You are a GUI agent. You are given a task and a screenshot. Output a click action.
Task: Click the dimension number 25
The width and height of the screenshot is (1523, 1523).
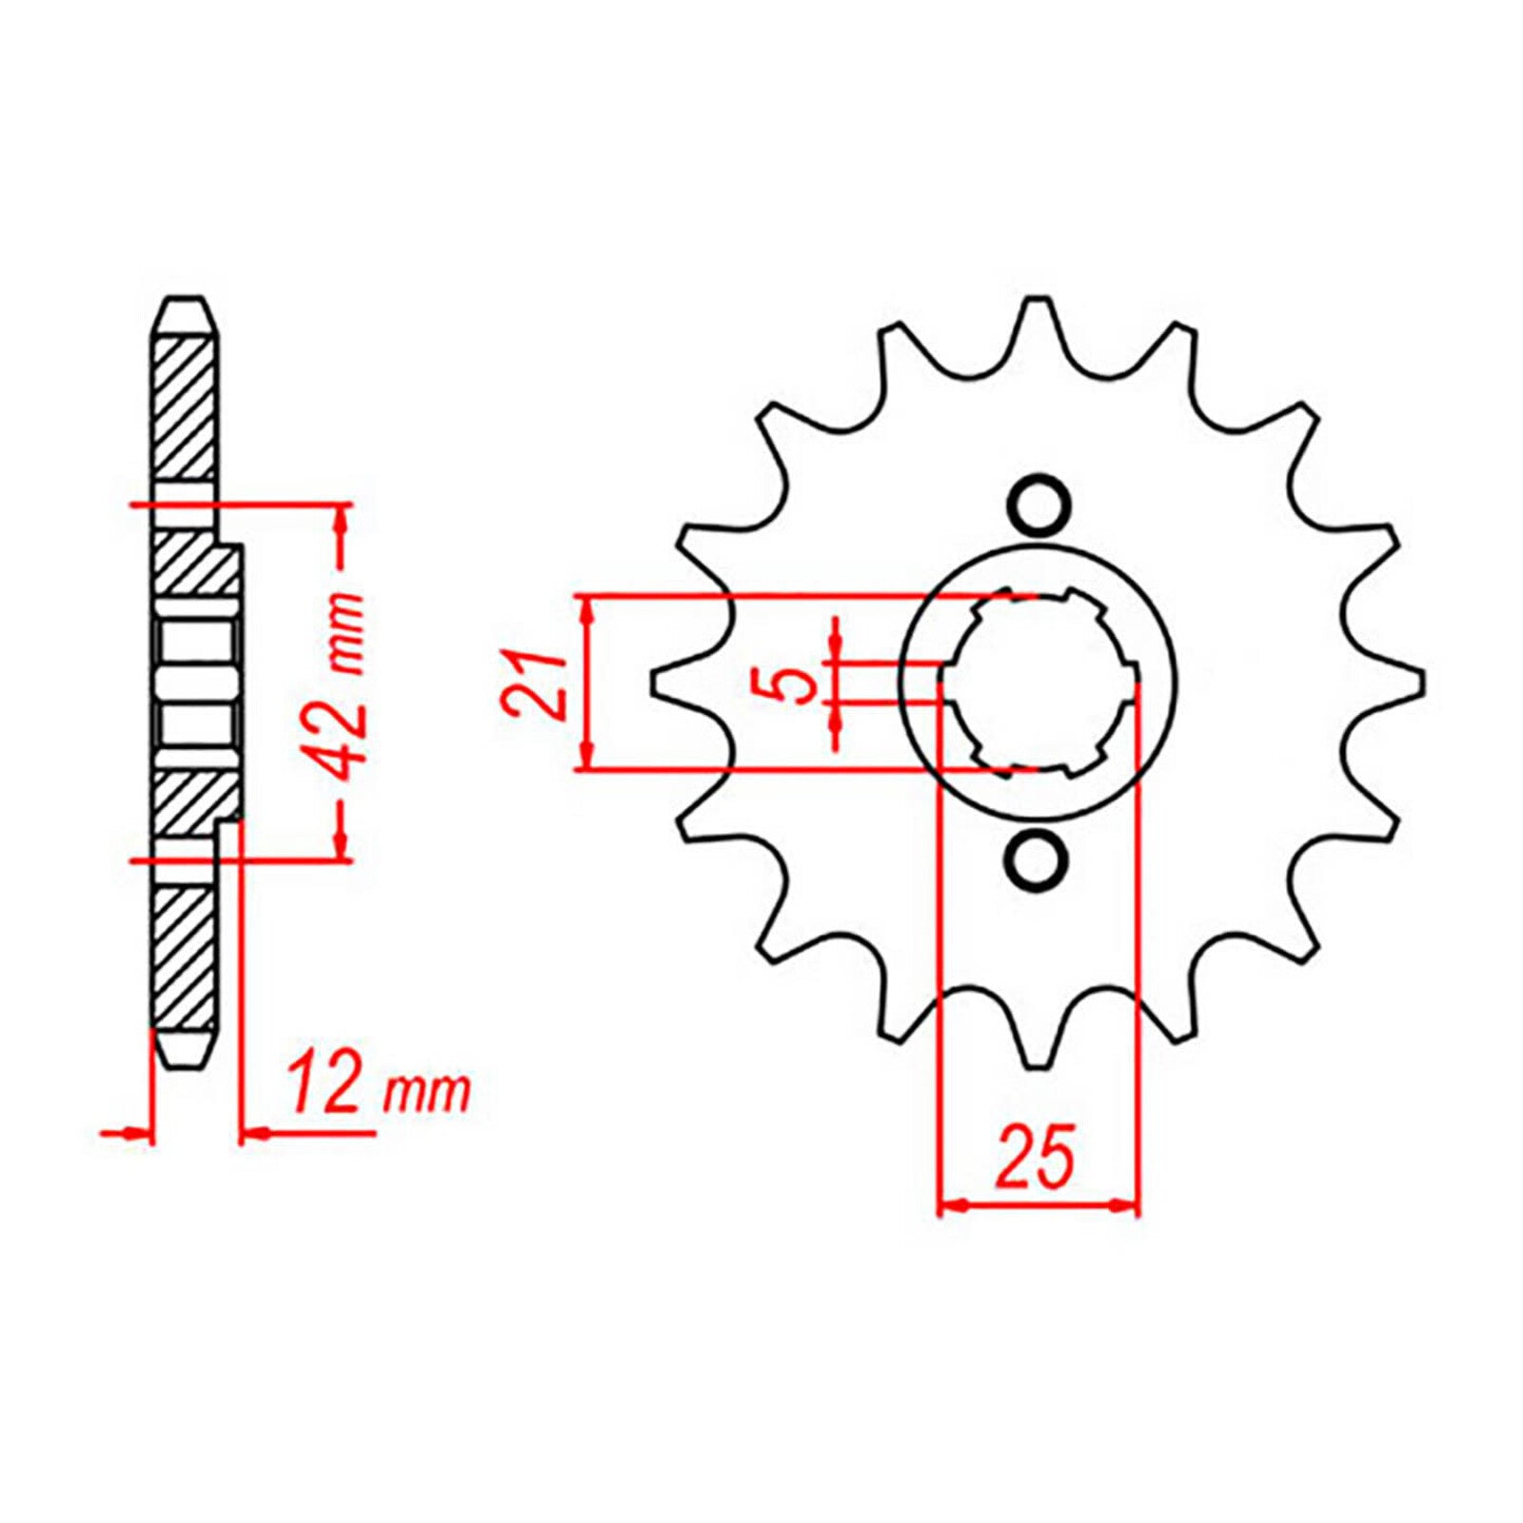pos(1036,1158)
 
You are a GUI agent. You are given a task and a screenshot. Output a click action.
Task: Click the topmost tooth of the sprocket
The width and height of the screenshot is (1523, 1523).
pos(1038,319)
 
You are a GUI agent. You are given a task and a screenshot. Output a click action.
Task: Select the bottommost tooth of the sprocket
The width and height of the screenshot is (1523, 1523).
pos(1038,1047)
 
